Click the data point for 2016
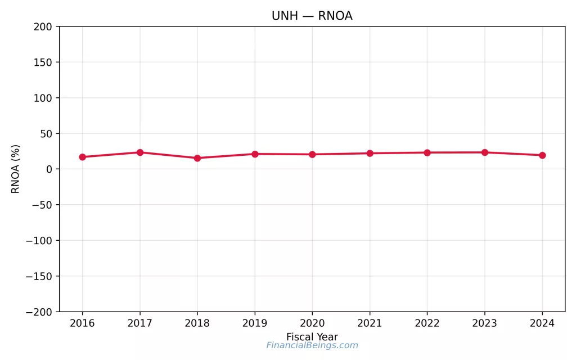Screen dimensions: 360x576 (83, 157)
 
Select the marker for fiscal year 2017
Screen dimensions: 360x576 (140, 152)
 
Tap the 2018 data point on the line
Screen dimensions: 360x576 (197, 158)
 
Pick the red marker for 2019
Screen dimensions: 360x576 (255, 154)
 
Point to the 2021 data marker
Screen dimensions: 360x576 (370, 153)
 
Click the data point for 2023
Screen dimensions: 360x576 (484, 152)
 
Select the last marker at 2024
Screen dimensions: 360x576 (542, 155)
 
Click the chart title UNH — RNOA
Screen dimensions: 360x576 (312, 16)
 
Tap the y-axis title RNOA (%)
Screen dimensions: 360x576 (16, 169)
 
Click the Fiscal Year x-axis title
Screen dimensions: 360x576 (312, 337)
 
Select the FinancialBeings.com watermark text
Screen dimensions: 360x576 (312, 345)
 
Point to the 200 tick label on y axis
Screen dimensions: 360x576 (43, 26)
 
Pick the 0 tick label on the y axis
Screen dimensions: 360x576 (49, 169)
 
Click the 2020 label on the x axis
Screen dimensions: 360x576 (312, 323)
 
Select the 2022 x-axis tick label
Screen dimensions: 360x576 (427, 323)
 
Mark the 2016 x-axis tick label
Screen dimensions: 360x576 (83, 323)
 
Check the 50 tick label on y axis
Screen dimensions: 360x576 (46, 134)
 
